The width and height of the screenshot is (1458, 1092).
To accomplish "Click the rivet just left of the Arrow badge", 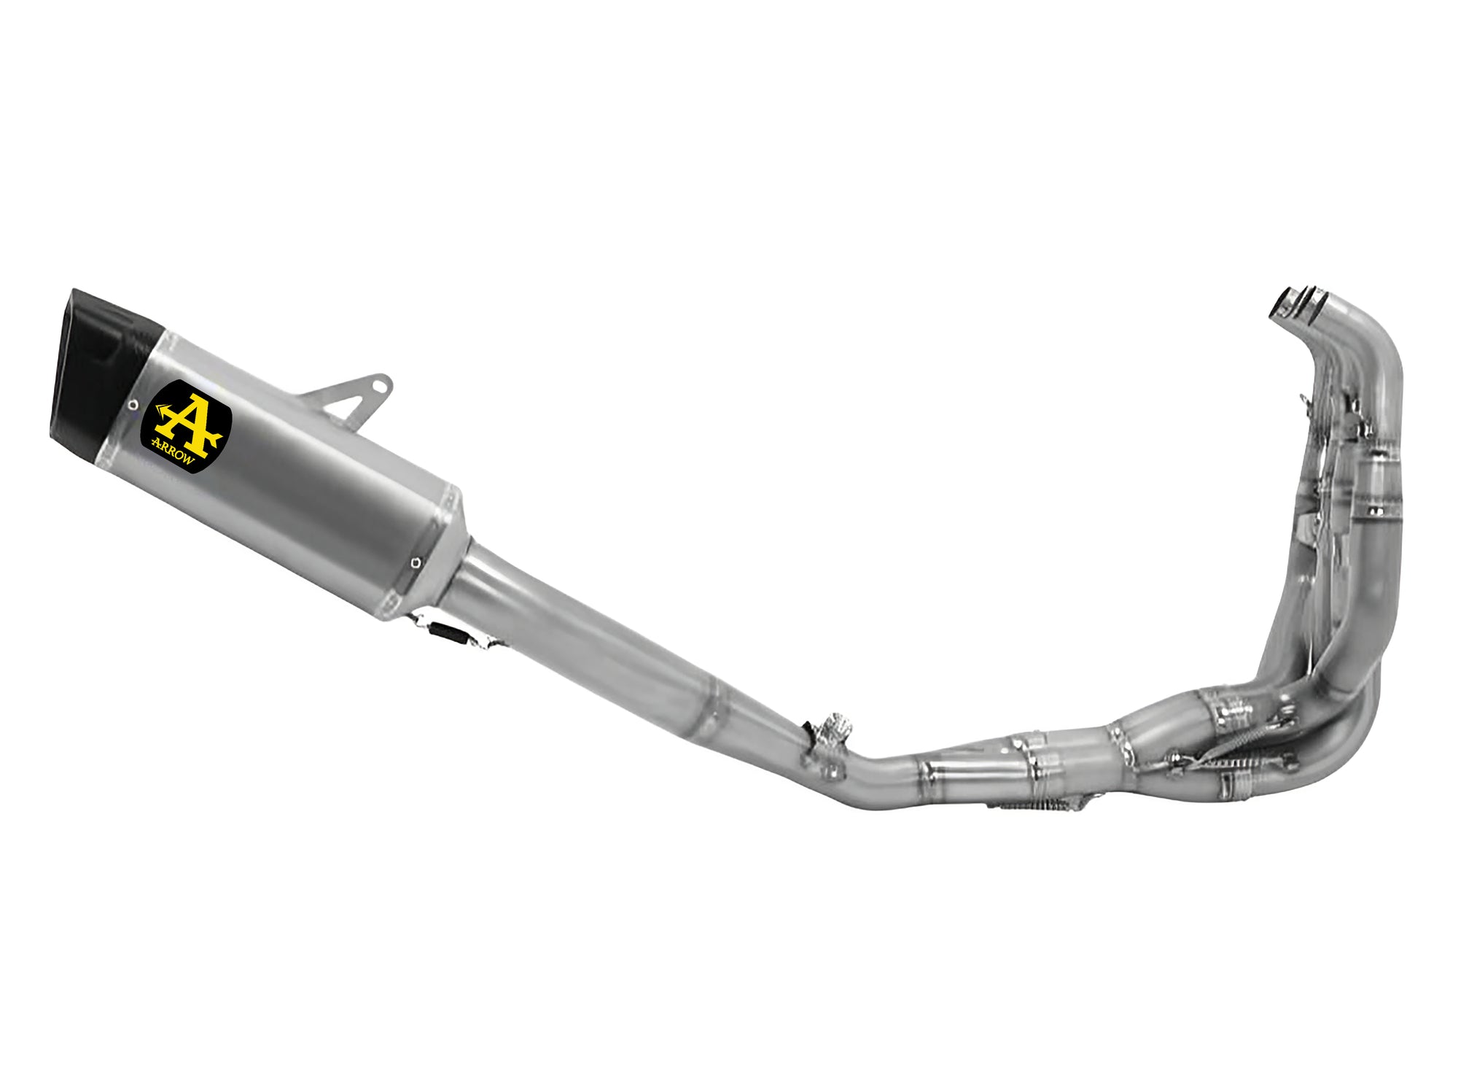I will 132,405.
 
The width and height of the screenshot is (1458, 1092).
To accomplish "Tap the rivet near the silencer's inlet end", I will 415,563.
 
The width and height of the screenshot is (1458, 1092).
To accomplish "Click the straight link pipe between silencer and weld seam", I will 583,635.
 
